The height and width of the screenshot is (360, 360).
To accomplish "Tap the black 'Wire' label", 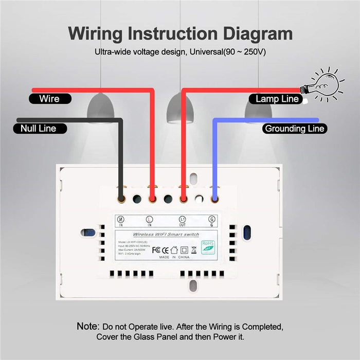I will [x=49, y=98].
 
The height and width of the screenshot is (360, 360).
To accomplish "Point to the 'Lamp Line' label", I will [x=277, y=99].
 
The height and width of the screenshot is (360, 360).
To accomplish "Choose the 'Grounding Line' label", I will [x=294, y=128].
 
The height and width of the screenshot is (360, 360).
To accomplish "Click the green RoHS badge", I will [x=208, y=246].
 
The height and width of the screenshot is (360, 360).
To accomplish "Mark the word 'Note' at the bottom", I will [x=88, y=326].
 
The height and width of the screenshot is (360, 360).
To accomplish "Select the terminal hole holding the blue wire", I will [x=214, y=197].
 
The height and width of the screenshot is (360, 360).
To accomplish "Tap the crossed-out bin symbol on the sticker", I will [x=194, y=250].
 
